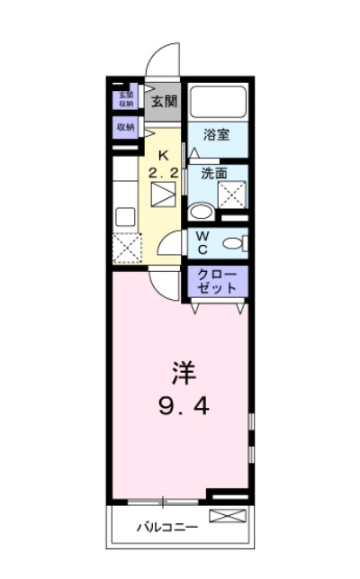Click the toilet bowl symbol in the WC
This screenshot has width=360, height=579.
(232, 242)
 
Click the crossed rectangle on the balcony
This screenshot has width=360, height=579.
(227, 516)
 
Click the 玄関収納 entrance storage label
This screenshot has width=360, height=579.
(123, 99)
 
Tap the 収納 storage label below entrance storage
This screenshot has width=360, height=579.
(124, 128)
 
